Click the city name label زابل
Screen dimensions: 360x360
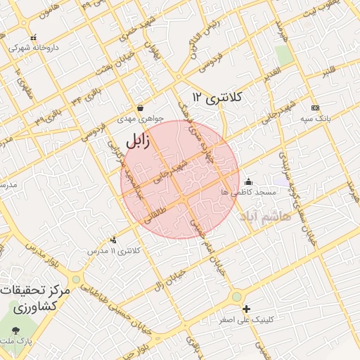pyautogui.click(x=138, y=142)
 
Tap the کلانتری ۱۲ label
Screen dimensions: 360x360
pyautogui.click(x=217, y=97)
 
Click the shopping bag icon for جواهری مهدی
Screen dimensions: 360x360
pyautogui.click(x=141, y=108)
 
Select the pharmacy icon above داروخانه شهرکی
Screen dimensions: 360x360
pyautogui.click(x=33, y=39)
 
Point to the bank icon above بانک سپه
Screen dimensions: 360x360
pyautogui.click(x=315, y=108)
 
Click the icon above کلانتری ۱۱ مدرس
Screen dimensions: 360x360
pyautogui.click(x=113, y=240)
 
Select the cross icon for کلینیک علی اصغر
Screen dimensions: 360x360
pyautogui.click(x=246, y=309)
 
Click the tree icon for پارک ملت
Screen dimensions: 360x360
pyautogui.click(x=15, y=330)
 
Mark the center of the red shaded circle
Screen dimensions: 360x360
pyautogui.click(x=180, y=179)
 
